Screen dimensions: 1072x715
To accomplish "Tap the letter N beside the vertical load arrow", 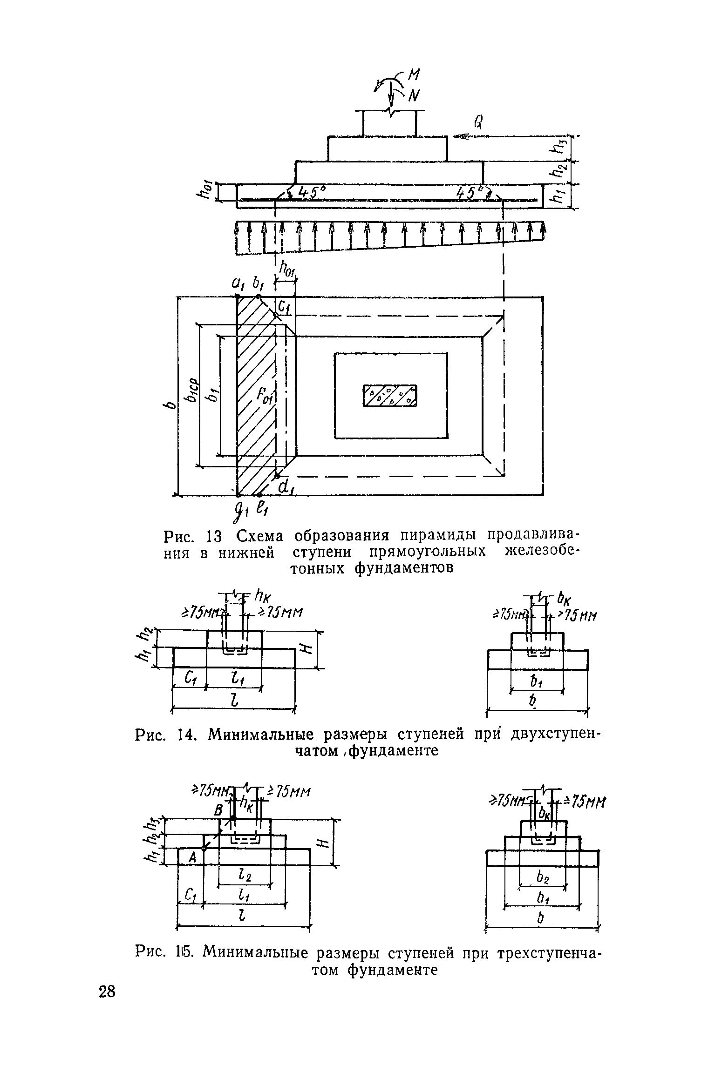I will pos(413,96).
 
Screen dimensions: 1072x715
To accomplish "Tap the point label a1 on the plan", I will pos(238,283).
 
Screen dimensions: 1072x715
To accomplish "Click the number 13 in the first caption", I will pos(216,537).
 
